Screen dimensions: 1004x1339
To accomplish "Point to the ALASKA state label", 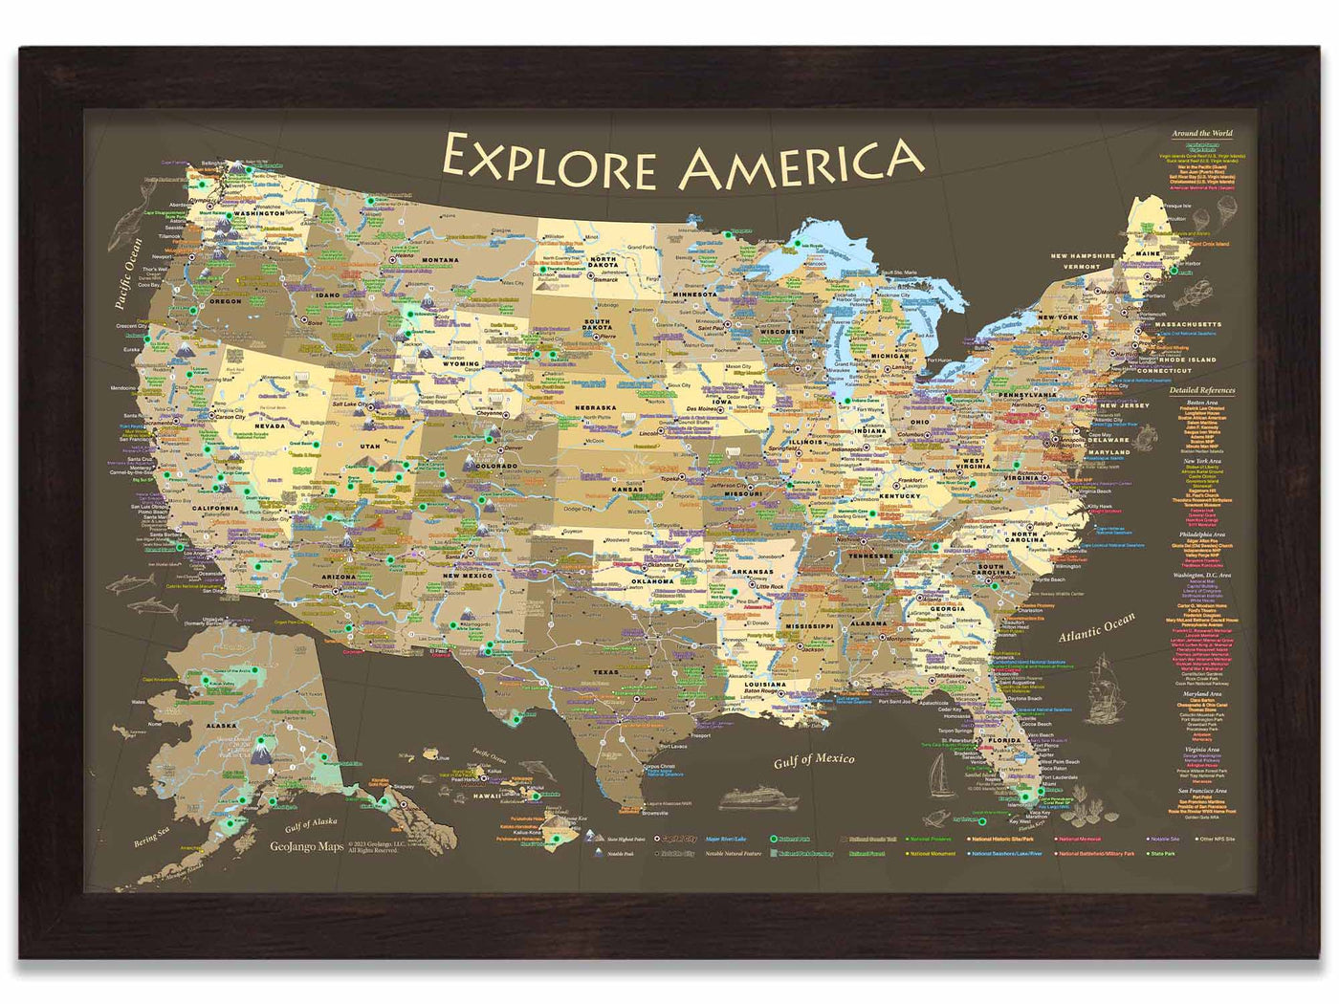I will pos(221,726).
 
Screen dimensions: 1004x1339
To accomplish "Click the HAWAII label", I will pos(487,796).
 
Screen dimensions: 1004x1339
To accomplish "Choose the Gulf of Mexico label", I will pos(813,759).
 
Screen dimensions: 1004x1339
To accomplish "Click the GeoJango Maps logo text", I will pos(306,846).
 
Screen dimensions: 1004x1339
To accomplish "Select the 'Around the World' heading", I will pos(1202,133).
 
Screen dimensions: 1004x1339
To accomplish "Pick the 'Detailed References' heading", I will pos(1202,390).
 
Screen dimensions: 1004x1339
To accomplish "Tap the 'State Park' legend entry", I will pos(1161,853).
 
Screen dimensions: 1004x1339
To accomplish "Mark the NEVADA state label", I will pos(271,426).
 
